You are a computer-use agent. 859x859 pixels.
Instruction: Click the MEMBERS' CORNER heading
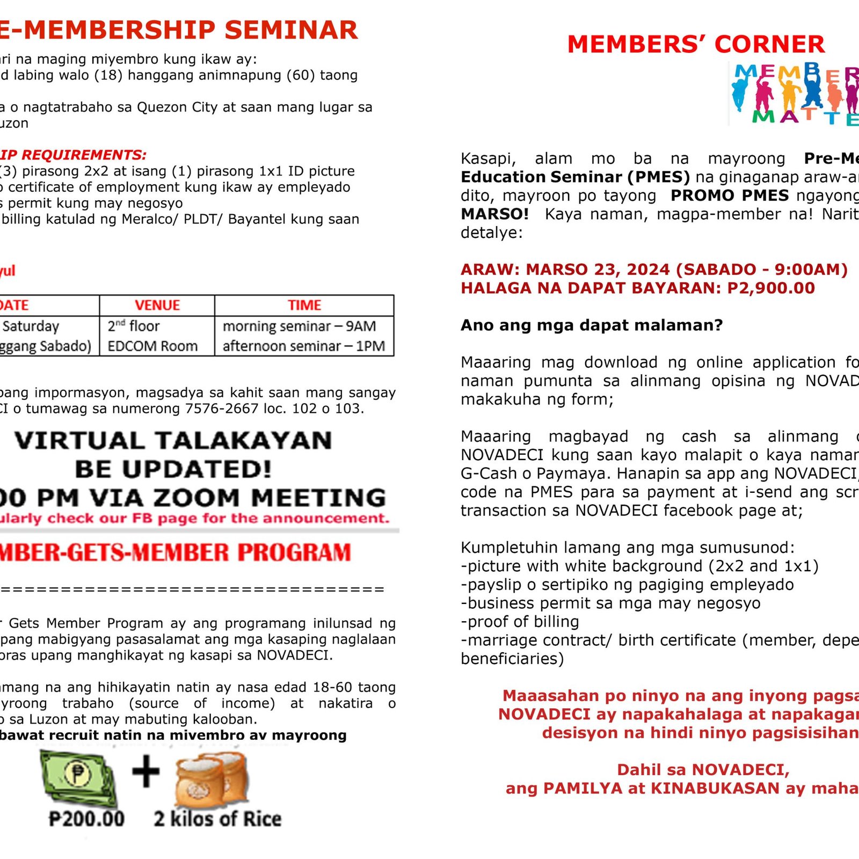coord(696,44)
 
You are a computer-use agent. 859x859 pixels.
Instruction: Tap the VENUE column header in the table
coord(157,305)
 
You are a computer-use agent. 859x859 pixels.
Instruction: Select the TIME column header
coord(304,305)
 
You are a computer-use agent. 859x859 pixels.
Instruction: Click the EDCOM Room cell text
coord(152,346)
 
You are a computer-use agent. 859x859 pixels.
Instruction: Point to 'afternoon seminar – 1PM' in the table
coord(304,346)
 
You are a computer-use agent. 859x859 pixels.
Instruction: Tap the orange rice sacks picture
coord(212,780)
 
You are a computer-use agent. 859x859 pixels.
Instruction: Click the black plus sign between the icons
coord(146,772)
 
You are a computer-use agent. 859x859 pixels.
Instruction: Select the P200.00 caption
coord(86,819)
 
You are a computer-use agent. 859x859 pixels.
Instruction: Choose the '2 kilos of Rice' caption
coord(217,819)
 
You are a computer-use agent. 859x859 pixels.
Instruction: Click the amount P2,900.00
coord(771,288)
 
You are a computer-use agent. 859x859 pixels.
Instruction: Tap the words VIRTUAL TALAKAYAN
coord(173,441)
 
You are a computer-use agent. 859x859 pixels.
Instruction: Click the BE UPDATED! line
coord(173,469)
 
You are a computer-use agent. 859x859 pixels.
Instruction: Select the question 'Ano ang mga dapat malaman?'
coord(592,325)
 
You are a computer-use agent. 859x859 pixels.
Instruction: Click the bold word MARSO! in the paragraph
coord(494,214)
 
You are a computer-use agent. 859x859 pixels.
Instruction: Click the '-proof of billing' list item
coord(520,621)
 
